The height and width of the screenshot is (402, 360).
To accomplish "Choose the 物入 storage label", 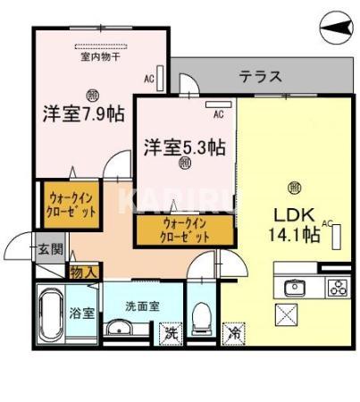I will [x=85, y=270].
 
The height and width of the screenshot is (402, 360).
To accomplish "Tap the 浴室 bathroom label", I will [x=77, y=314].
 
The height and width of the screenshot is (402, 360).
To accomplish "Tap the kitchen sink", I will [x=295, y=287].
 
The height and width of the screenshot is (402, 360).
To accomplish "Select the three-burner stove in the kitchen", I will [x=337, y=287].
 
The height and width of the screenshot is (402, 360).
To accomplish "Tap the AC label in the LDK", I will [x=327, y=223].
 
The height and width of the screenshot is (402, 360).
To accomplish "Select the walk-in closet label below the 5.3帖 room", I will [x=186, y=230].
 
